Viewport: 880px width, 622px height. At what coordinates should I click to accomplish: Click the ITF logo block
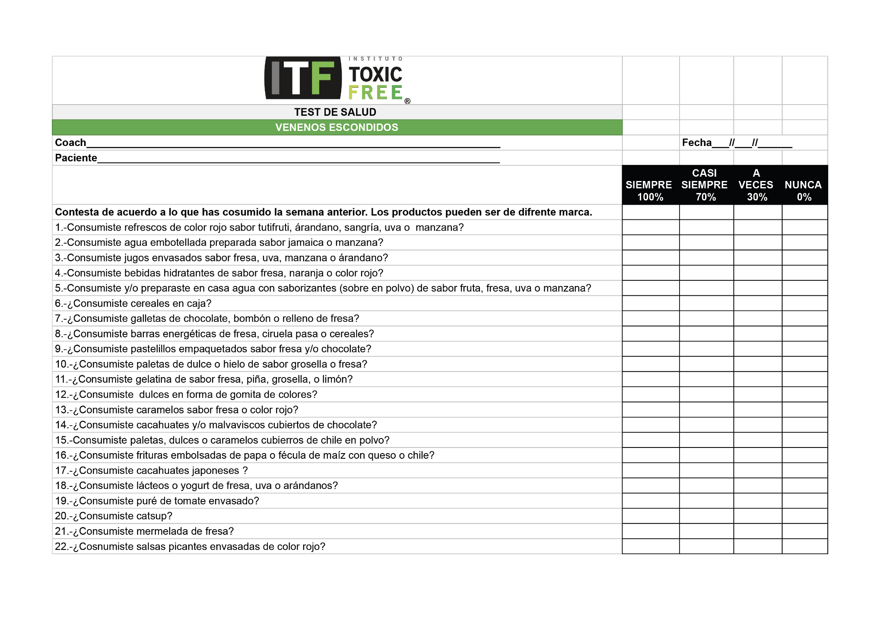click(303, 78)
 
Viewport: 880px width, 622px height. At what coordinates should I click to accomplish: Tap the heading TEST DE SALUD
click(335, 112)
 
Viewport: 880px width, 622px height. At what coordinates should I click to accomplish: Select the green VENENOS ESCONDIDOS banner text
click(337, 127)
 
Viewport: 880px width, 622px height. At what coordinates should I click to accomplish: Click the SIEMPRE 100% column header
click(650, 185)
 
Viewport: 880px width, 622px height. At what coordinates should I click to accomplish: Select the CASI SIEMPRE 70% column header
click(705, 185)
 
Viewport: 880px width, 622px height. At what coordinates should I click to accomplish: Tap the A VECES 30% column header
click(756, 185)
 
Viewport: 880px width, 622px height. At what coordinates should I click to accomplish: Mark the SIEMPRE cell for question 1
click(651, 228)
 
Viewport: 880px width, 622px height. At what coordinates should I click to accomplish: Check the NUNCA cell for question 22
click(805, 546)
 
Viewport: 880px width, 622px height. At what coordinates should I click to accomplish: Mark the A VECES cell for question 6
click(758, 303)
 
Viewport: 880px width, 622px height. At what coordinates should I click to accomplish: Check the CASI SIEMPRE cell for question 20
click(706, 516)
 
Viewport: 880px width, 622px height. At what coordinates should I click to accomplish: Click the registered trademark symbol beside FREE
click(407, 102)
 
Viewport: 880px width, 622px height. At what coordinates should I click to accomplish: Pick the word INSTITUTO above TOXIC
click(375, 59)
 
